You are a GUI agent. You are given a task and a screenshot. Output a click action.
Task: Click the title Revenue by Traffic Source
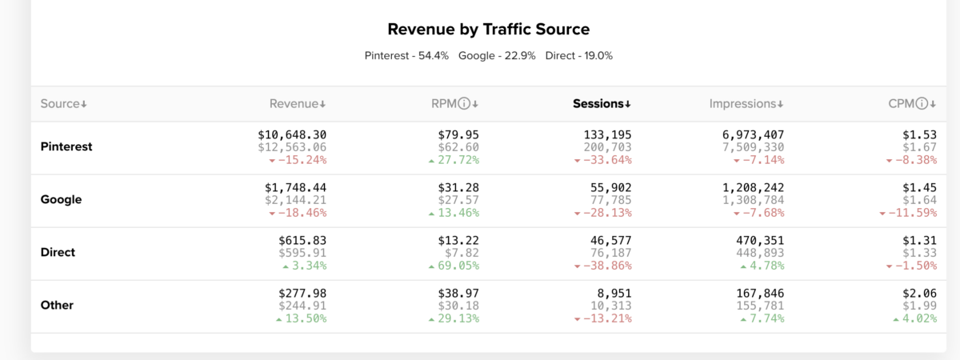point(488,30)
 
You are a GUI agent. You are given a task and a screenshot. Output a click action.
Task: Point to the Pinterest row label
point(66,147)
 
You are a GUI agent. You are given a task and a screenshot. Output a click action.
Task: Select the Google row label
point(61,200)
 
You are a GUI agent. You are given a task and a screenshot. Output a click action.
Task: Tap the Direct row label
point(58,253)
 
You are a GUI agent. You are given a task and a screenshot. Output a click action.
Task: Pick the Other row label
point(57,306)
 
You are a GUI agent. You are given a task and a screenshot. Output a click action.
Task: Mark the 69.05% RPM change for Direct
point(454,266)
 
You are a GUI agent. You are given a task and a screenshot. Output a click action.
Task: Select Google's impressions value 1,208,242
point(753,187)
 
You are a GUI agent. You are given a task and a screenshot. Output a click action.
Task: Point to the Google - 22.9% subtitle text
point(497,56)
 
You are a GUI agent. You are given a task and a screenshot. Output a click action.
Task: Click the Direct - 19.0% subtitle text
point(579,56)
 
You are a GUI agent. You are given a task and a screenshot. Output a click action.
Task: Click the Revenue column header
point(297,104)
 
